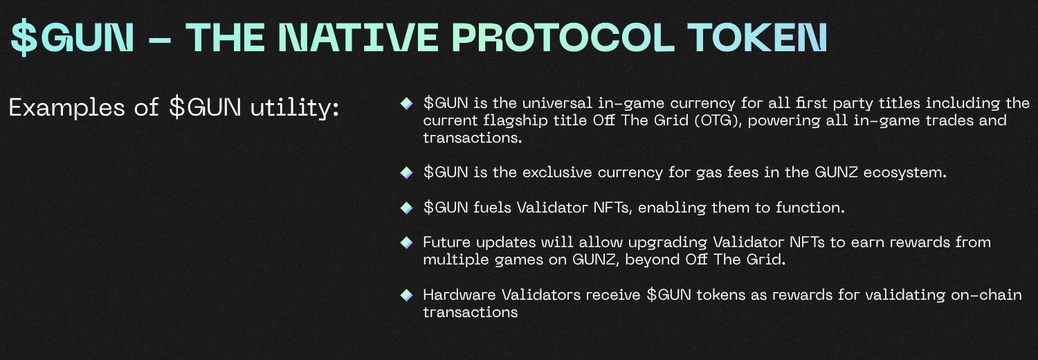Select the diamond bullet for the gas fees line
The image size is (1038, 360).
[406, 172]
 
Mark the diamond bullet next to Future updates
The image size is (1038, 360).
[406, 242]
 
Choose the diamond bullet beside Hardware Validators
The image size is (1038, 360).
[406, 295]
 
